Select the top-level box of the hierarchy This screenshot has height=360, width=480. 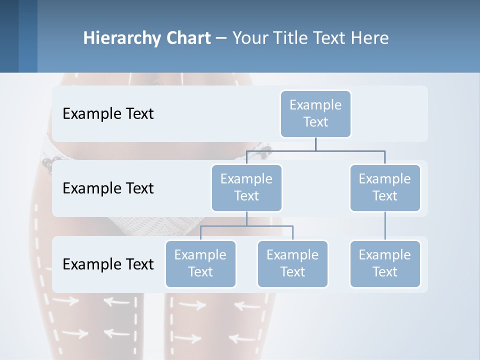pyautogui.click(x=315, y=114)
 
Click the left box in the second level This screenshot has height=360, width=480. pyautogui.click(x=246, y=188)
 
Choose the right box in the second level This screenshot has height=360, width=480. pyautogui.click(x=385, y=188)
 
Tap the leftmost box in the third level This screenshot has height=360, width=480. pyautogui.click(x=200, y=264)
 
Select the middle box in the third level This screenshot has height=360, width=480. pyautogui.click(x=292, y=264)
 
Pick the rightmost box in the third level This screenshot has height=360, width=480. pyautogui.click(x=385, y=264)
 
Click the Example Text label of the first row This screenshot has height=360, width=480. pyautogui.click(x=108, y=114)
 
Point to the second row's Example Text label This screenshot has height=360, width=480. pyautogui.click(x=108, y=188)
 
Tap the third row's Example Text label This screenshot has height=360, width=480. pyautogui.click(x=108, y=264)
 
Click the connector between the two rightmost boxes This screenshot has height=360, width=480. pyautogui.click(x=385, y=226)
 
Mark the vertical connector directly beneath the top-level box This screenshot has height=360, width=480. pyautogui.click(x=315, y=144)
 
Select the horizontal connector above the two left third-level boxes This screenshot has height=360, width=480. pyautogui.click(x=246, y=226)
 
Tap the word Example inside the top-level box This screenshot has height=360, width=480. pyautogui.click(x=315, y=105)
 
